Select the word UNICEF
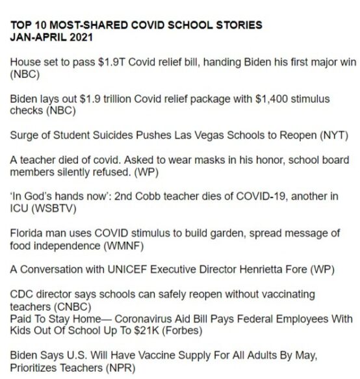click(129, 272)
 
